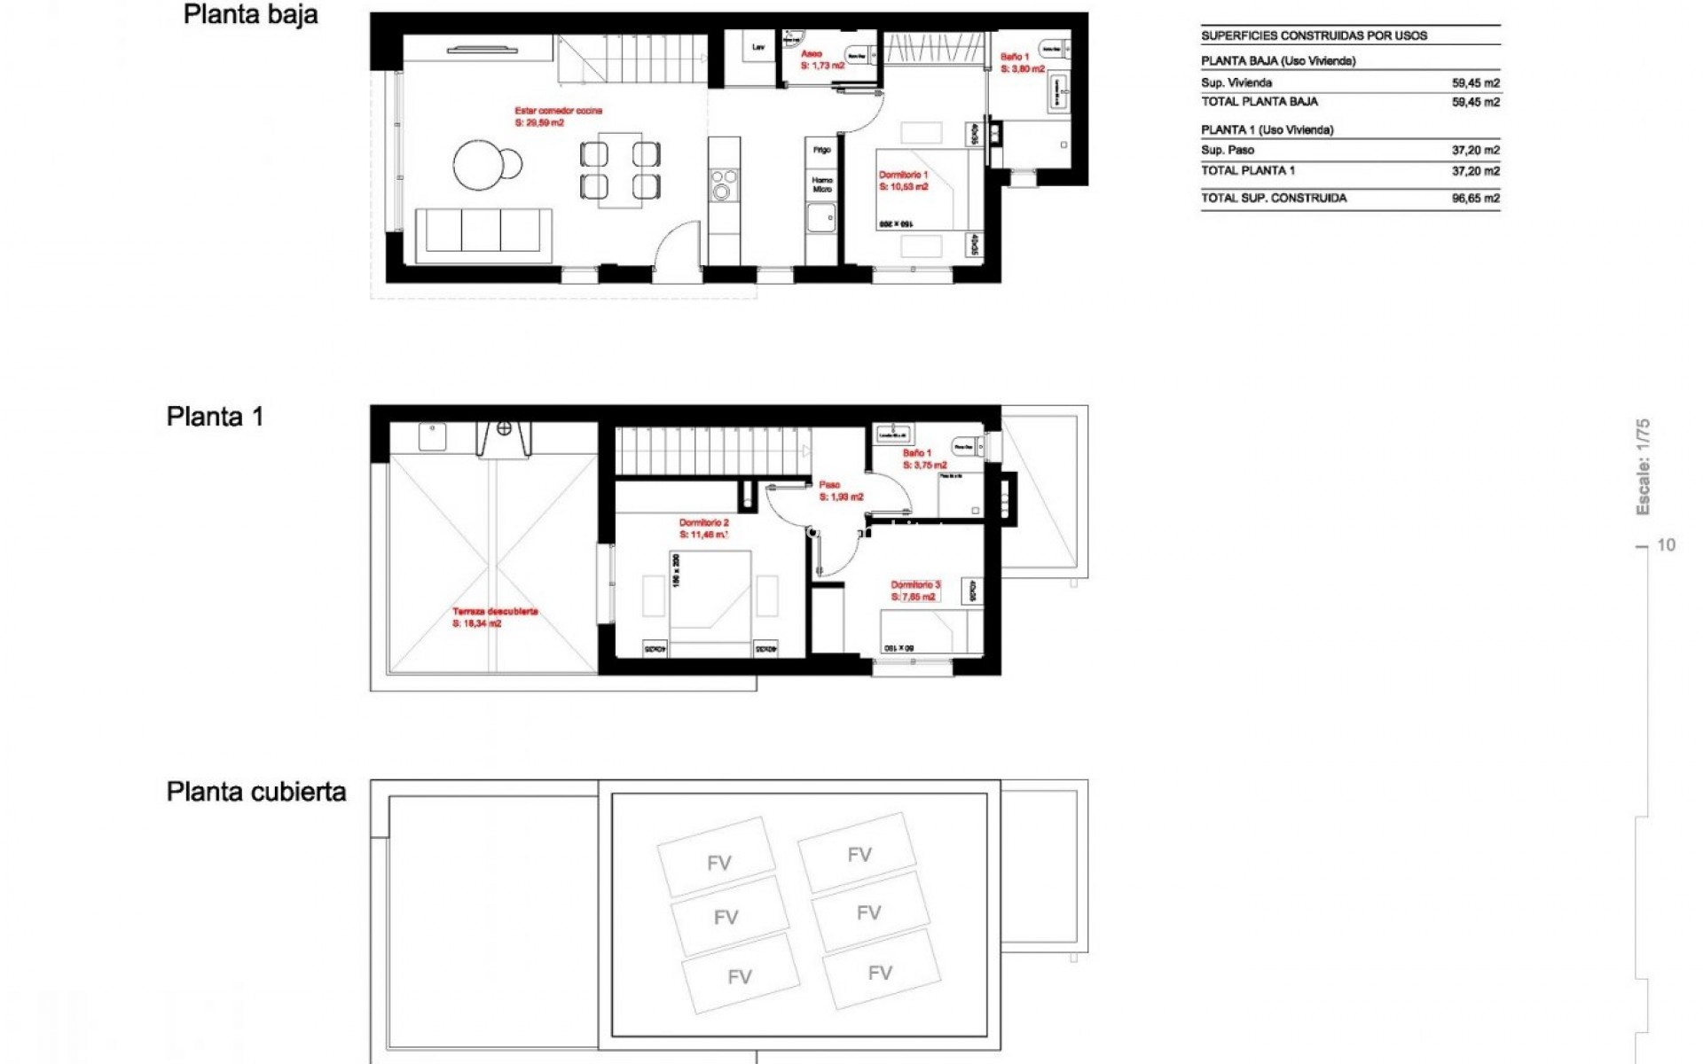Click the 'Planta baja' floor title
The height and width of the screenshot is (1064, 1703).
click(250, 15)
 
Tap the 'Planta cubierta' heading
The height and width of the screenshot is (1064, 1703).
click(255, 791)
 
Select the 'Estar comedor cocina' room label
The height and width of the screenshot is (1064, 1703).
click(558, 111)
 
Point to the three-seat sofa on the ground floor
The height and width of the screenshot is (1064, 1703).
click(483, 232)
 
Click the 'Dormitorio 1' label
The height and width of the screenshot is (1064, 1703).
click(903, 175)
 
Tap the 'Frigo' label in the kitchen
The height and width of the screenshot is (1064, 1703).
click(821, 150)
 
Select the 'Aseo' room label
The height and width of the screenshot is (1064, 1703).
click(811, 54)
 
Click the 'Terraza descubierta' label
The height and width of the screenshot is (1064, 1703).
click(495, 611)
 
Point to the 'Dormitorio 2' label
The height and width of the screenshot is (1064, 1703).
click(703, 523)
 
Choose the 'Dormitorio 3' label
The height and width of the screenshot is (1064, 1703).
click(914, 585)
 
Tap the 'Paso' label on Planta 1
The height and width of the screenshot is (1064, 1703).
click(829, 485)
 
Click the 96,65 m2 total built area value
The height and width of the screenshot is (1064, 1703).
click(1475, 199)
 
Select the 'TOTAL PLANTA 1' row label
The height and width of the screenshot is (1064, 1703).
click(1247, 170)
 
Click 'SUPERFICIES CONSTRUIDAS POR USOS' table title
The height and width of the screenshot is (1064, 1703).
click(1314, 36)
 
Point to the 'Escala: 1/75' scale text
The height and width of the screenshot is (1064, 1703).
click(1643, 466)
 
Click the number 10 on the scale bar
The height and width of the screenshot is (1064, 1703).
click(1666, 545)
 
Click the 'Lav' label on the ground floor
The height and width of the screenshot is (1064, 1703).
click(758, 47)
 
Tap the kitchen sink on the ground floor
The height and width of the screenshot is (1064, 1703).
click(820, 217)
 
